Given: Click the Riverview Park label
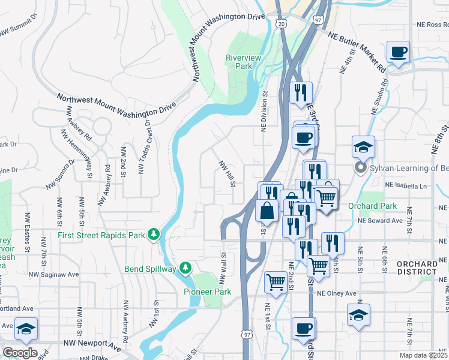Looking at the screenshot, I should click(240, 62).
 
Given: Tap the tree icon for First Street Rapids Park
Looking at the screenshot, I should click(154, 234).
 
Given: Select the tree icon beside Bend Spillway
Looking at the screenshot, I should click(186, 267).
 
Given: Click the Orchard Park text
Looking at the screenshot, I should click(372, 206).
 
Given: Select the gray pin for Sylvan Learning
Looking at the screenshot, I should click(360, 168).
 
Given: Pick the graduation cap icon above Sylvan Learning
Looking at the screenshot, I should click(363, 146).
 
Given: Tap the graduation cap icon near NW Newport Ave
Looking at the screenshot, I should click(26, 328).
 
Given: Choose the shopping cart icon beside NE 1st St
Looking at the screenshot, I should click(275, 281).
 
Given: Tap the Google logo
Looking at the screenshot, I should click(20, 352).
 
